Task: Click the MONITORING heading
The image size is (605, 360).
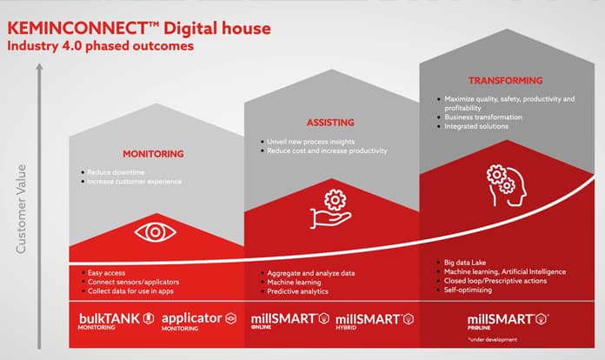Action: pos(154,154)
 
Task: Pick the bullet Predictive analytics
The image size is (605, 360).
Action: pos(298,293)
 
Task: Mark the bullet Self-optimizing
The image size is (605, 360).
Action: pos(469,290)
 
